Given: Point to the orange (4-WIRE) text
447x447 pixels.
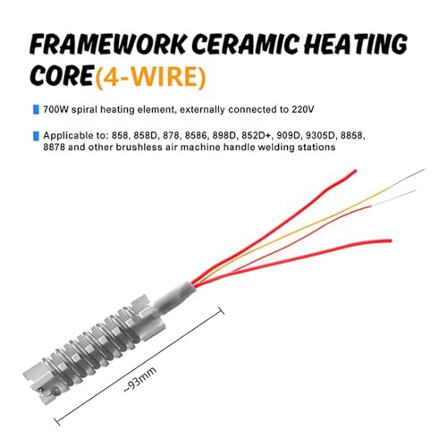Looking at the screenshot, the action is (150, 77).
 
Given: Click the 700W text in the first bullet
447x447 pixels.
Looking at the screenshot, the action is (55, 110).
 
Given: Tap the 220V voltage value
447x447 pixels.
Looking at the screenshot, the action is (303, 110).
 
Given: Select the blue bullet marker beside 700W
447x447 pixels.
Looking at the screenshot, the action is (36, 110).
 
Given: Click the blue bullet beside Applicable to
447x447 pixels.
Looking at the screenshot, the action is (36, 136).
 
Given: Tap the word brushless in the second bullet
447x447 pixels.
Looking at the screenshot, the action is (139, 148).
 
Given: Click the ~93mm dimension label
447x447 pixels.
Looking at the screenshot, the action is (139, 380).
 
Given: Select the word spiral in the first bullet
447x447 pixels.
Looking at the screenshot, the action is (84, 110).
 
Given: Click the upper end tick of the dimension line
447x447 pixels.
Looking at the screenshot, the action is (222, 310).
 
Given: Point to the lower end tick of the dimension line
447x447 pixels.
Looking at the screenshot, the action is (58, 422).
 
